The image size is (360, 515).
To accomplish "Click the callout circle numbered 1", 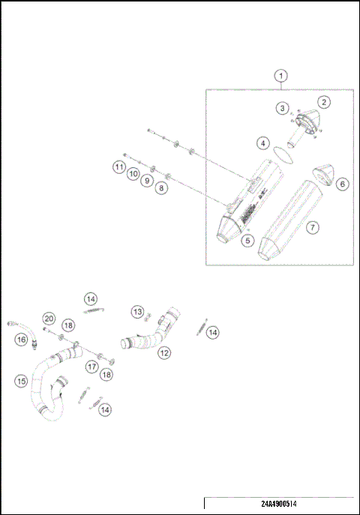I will pos(280,76).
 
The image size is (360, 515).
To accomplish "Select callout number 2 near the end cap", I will pos(323,101).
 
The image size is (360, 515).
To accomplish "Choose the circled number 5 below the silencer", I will pos(247,241).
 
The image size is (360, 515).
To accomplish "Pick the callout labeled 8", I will pos(160,189).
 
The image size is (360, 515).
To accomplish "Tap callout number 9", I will pos(147,181).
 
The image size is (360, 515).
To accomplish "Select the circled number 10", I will pos(133,174).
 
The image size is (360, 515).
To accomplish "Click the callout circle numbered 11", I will pos(119,166).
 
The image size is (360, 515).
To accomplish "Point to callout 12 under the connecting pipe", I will pos(163,352).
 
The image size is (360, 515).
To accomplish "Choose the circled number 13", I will pos(137,311).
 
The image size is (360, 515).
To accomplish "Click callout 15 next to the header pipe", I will pos(21,381).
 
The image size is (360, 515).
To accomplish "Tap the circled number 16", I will pos(21,339).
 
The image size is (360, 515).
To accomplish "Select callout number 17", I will pos(91,367).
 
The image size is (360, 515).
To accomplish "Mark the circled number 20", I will pos(48,318).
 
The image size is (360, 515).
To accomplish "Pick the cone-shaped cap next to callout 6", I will pos(319,174).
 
